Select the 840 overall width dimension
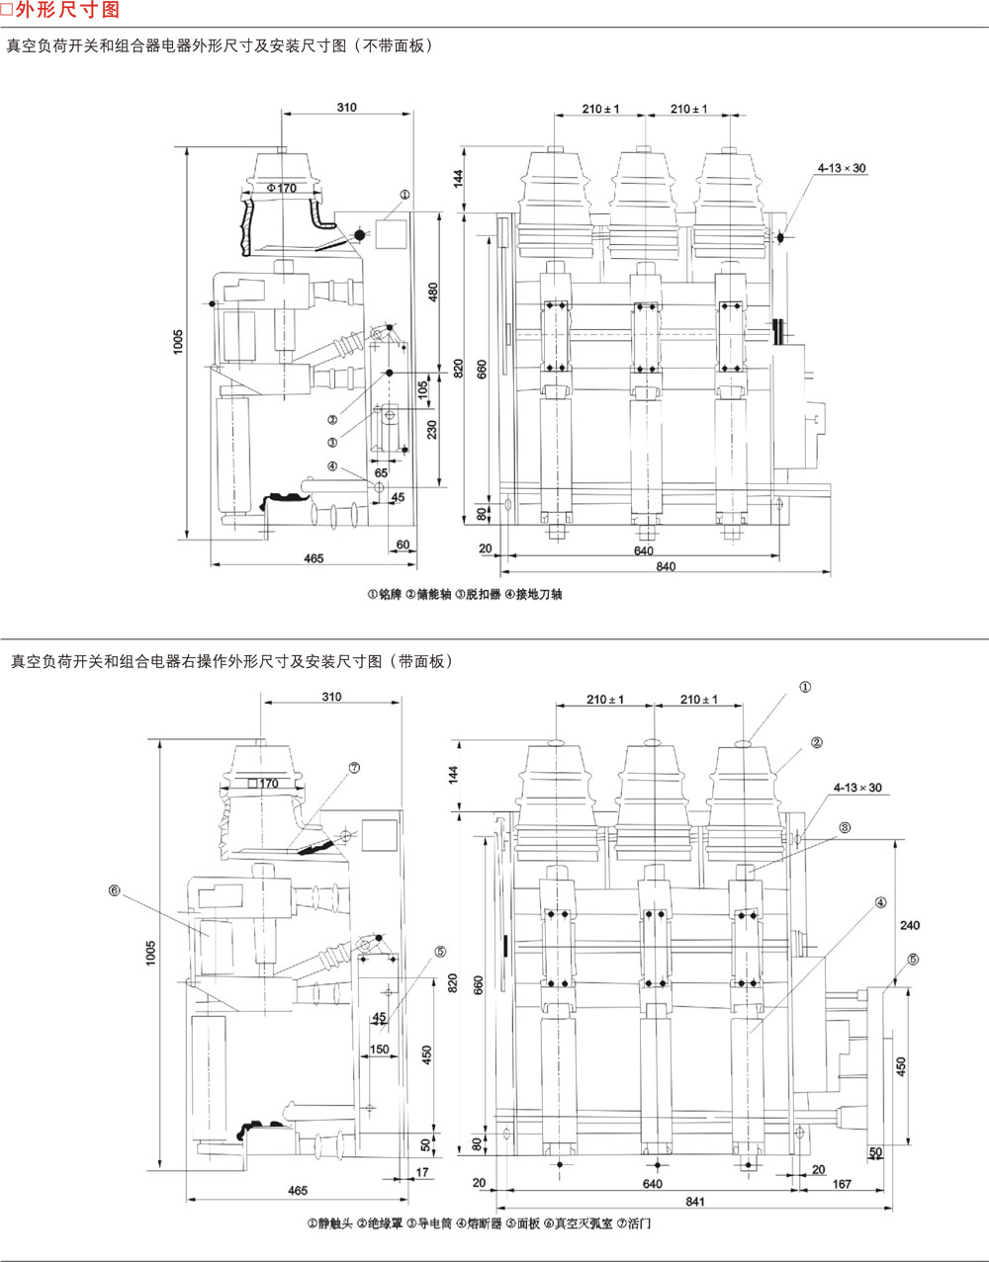click(x=666, y=566)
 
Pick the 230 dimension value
click(x=431, y=429)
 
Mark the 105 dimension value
click(x=422, y=391)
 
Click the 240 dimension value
click(x=910, y=925)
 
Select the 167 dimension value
click(x=843, y=1183)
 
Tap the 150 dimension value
click(x=379, y=1049)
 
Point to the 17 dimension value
click(x=423, y=1172)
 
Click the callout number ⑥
click(x=114, y=890)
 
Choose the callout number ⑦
click(x=353, y=766)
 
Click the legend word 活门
click(x=639, y=1223)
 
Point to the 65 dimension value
click(x=381, y=472)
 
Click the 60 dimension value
click(x=403, y=545)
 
